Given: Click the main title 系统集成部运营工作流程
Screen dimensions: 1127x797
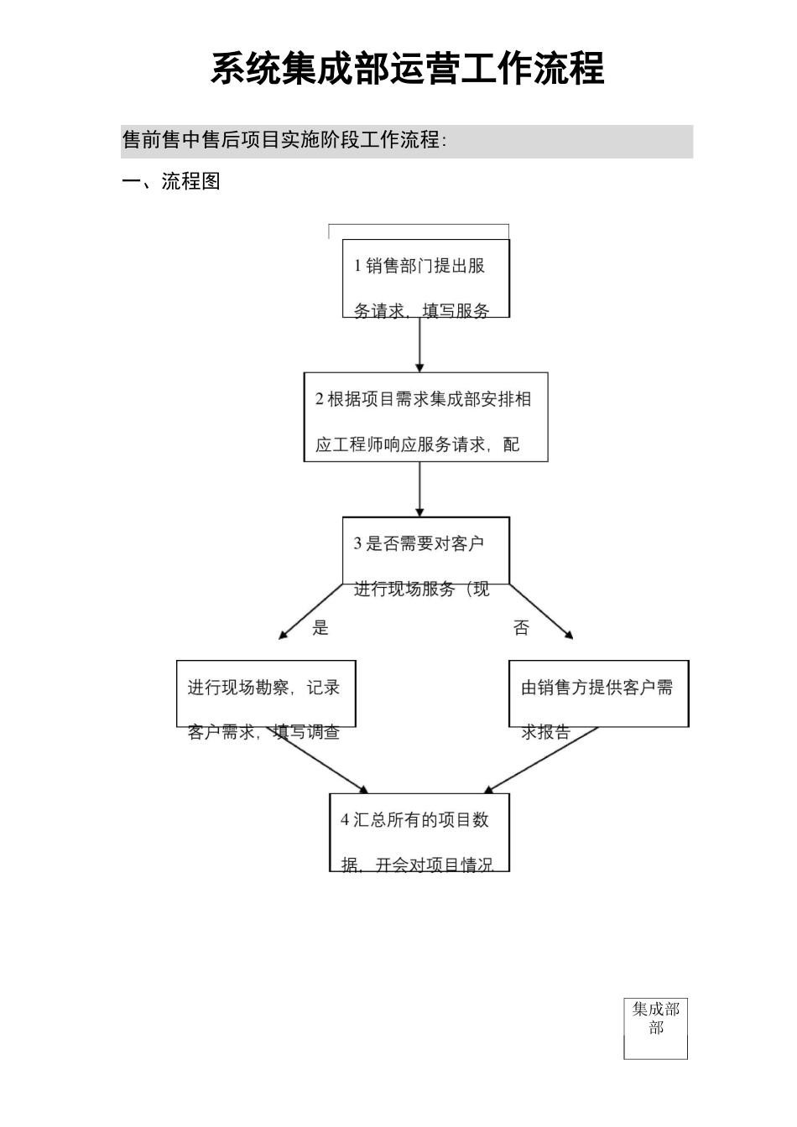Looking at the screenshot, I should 407,69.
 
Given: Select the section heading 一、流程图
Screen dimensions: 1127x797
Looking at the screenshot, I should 171,181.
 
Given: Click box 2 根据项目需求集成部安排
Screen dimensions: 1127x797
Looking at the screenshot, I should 425,417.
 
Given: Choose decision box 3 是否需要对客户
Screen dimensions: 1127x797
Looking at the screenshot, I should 425,551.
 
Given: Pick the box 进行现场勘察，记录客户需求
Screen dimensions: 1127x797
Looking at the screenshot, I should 266,693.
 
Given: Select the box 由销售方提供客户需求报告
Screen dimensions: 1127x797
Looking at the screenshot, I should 598,693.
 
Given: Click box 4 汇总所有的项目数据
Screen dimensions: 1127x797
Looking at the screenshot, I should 419,832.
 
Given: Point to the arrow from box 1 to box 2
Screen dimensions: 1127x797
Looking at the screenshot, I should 419,344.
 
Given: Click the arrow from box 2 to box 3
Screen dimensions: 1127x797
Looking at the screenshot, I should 419,489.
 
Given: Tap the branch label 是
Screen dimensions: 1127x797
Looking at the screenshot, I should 320,628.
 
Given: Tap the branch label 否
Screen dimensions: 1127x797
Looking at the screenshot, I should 521,628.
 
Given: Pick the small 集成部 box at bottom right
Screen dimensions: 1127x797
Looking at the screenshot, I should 655,1028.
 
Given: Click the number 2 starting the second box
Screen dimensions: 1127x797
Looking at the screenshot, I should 320,399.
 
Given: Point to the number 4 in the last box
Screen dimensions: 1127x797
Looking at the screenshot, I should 345,820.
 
